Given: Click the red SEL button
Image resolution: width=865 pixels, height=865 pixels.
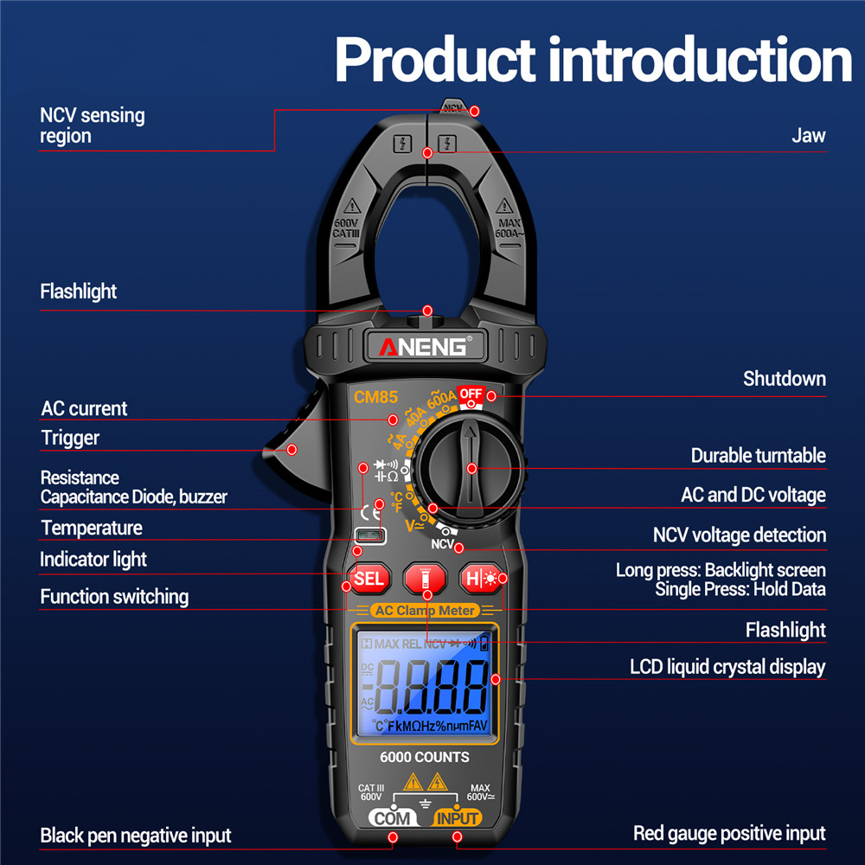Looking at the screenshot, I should [x=369, y=579].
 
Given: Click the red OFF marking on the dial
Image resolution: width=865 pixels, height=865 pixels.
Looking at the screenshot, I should [x=470, y=394].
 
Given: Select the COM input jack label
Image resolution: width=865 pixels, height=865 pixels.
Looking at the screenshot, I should [x=392, y=817].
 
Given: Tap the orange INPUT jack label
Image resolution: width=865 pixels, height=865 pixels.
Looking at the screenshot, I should [x=457, y=817].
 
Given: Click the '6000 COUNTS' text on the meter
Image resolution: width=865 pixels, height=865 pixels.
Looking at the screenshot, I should [x=425, y=757].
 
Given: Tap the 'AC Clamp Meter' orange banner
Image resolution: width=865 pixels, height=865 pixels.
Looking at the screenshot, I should [x=424, y=611].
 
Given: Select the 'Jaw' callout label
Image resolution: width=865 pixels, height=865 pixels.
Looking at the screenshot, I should [x=808, y=136].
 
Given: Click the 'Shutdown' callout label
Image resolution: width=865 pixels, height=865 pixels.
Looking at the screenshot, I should [x=784, y=379].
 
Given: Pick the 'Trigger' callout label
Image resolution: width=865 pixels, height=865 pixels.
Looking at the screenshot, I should [x=70, y=438].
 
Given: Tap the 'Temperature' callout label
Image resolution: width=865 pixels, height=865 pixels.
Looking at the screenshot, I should [x=91, y=528].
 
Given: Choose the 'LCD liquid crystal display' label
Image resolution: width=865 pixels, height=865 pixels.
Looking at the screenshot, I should [x=727, y=667].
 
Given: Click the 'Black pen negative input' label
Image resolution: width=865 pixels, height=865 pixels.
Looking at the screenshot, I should [x=135, y=836].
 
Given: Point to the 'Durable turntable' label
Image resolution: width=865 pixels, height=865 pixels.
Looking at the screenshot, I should [x=758, y=456].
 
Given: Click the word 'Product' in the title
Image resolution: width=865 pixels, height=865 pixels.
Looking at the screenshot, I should [x=434, y=59].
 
